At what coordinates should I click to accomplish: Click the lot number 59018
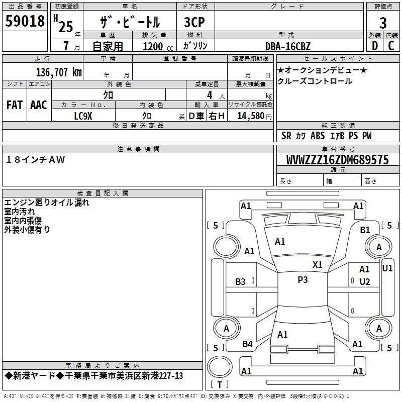click(x=25, y=21)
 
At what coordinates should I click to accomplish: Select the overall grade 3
click(x=383, y=23)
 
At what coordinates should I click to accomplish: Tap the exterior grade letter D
click(x=375, y=46)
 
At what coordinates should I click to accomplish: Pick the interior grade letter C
click(x=391, y=46)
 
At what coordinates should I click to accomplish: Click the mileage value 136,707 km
click(x=59, y=72)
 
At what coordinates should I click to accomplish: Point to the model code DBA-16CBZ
click(x=288, y=46)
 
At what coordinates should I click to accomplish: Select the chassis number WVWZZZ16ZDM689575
click(x=338, y=160)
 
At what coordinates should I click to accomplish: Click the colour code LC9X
click(x=83, y=116)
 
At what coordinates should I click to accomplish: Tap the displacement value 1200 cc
click(x=158, y=46)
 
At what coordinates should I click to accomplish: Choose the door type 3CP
click(x=194, y=22)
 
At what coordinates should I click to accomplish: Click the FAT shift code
click(x=15, y=105)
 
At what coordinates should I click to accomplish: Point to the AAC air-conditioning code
click(x=39, y=105)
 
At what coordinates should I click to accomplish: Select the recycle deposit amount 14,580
click(x=251, y=116)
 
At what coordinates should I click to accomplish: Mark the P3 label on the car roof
click(x=303, y=279)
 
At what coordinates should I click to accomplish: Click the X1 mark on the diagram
click(x=318, y=264)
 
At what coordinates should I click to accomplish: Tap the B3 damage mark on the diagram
click(x=241, y=282)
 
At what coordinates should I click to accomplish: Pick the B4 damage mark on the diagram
click(x=248, y=344)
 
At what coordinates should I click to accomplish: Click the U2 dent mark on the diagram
click(x=365, y=282)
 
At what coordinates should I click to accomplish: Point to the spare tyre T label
click(x=220, y=384)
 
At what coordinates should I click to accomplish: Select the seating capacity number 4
click(x=210, y=95)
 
